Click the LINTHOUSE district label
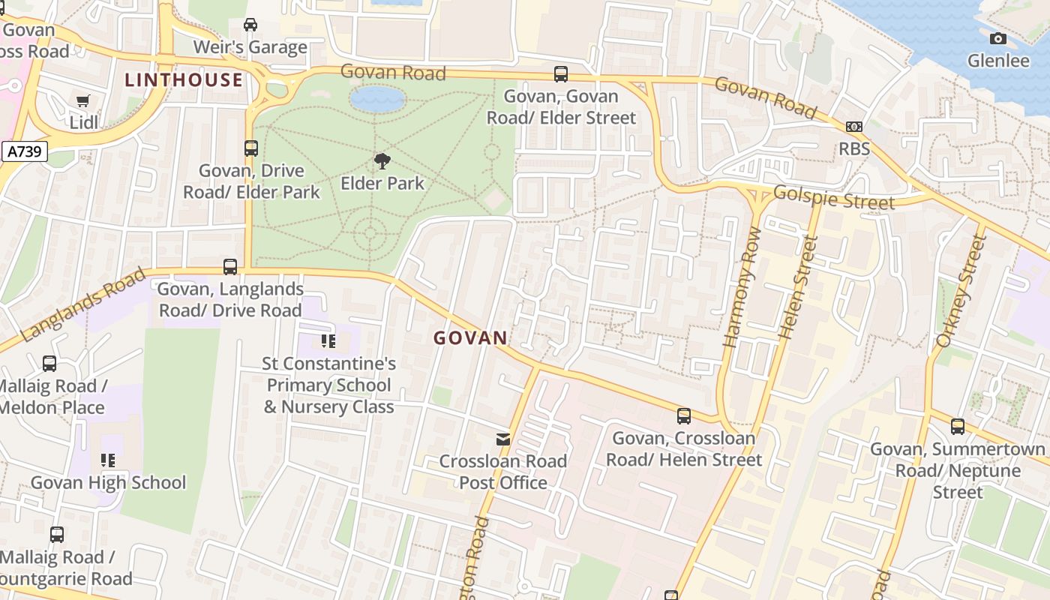coord(184,80)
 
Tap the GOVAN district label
coord(470,338)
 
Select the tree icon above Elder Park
coord(382,160)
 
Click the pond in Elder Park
coord(377,99)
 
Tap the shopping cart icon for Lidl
coord(83,101)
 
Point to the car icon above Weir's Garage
coord(250,25)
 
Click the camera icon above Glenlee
coord(997,38)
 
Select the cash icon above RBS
coord(853,127)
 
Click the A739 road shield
coord(24,152)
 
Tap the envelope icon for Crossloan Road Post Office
coord(503,439)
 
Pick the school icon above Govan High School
coord(108,460)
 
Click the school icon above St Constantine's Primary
coord(328,341)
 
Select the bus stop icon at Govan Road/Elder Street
coord(561,74)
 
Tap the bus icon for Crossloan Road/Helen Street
coord(683,415)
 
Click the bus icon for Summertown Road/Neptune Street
coord(957,427)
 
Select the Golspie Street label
coord(833,198)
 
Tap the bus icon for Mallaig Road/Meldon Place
coord(49,364)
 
